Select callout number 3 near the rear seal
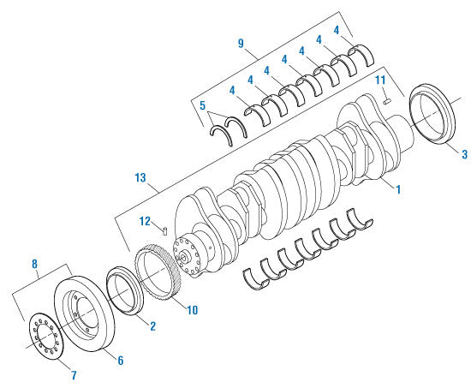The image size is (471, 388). [464, 154]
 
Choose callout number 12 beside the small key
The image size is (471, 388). [146, 221]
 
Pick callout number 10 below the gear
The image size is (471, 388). [192, 309]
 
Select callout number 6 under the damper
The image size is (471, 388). [120, 361]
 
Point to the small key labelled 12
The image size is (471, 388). [164, 229]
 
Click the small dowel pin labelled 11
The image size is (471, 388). [387, 100]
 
